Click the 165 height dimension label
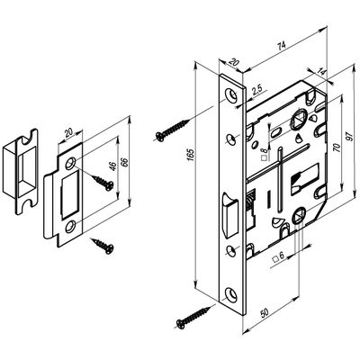click(x=191, y=155)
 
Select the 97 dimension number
click(x=349, y=136)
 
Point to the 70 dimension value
click(x=337, y=148)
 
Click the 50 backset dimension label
click(x=265, y=313)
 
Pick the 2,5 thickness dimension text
click(x=257, y=89)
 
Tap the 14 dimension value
click(x=322, y=72)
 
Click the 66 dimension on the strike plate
click(x=125, y=162)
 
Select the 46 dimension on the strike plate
click(x=112, y=166)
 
